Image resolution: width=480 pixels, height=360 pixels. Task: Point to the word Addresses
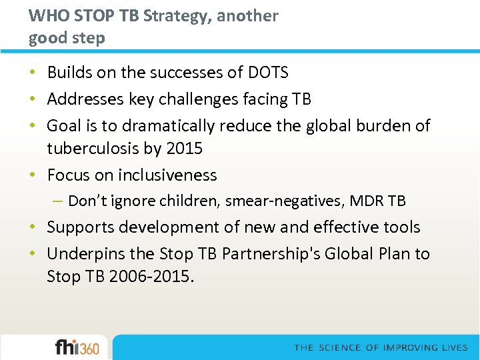[x=82, y=99]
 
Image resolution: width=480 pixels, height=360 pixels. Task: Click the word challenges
[x=193, y=99]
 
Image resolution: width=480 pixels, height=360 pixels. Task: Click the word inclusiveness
[x=167, y=175]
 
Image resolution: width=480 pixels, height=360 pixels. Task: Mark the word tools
[x=400, y=227]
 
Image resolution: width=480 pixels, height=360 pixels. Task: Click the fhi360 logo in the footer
[x=77, y=347]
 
